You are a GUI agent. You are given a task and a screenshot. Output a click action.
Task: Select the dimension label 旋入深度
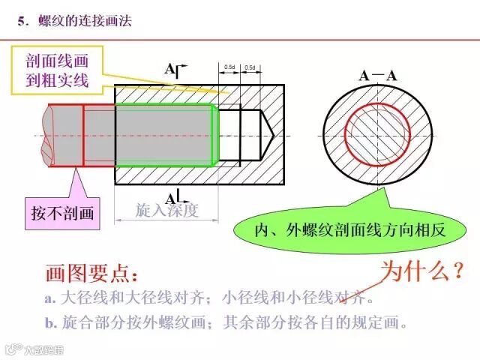click(166, 210)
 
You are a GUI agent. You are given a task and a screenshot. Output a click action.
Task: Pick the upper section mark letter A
click(170, 70)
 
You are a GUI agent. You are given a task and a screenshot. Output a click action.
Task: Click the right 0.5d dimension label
click(250, 68)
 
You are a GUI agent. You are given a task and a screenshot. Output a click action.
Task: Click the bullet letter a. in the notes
click(50, 298)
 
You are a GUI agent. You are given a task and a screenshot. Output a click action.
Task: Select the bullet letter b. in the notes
click(50, 324)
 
